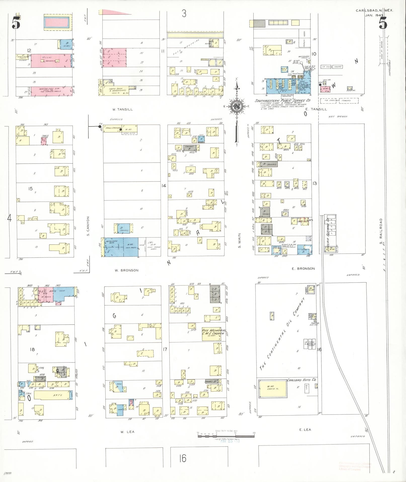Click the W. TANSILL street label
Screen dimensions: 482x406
[123, 109]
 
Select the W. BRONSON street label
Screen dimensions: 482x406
[127, 270]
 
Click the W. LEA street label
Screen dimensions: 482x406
[127, 432]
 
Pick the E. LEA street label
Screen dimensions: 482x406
[305, 430]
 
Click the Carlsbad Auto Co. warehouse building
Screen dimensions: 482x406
[273, 396]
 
